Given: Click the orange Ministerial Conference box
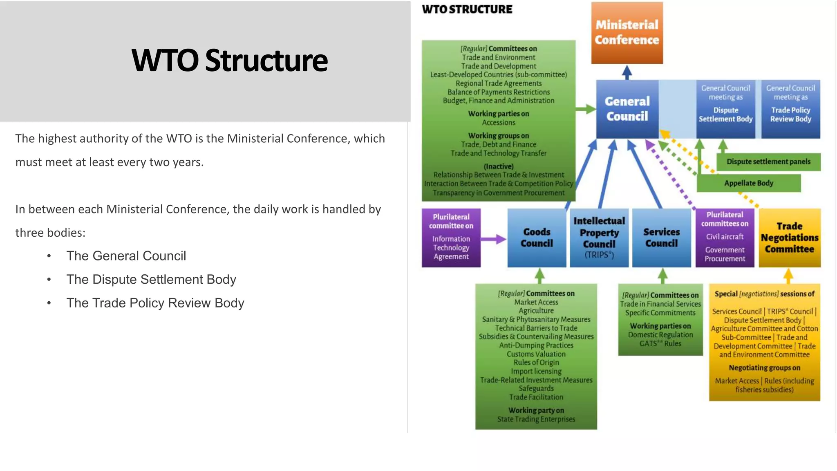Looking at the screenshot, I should (x=627, y=33).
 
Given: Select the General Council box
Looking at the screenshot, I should (x=627, y=109).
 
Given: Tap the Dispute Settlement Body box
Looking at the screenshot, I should (x=725, y=109).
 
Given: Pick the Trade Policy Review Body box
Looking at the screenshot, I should (x=790, y=109).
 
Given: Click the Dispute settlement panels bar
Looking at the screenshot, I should (x=768, y=161).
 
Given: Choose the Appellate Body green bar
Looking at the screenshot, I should (x=749, y=183).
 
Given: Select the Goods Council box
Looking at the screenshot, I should (x=537, y=238).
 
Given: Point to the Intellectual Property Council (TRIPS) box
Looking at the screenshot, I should (x=599, y=238).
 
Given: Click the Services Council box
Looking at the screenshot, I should (x=661, y=238).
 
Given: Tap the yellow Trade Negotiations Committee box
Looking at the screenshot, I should (x=790, y=238).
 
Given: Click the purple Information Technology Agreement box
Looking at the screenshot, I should (x=451, y=238).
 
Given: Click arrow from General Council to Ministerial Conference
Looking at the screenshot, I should (x=627, y=72).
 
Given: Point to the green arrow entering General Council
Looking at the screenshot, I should (x=585, y=109).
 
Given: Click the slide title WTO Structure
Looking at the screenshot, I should (x=229, y=61).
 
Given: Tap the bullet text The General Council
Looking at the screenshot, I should (x=126, y=256).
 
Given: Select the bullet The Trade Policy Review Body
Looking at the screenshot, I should (x=155, y=303).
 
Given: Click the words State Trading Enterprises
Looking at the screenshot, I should (x=536, y=419).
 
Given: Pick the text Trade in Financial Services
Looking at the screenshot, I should (x=660, y=304).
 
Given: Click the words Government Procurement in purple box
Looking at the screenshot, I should (x=725, y=254).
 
